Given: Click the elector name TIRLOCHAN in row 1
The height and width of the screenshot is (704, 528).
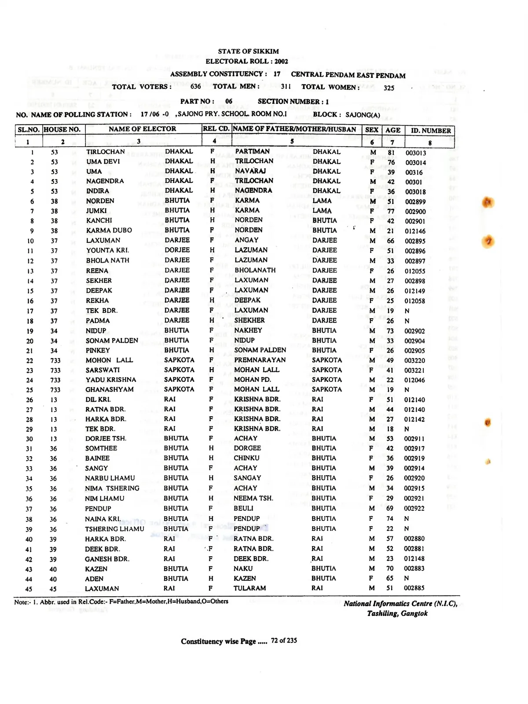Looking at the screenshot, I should (x=106, y=152).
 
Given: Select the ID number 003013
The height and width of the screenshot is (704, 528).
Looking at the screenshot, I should (x=416, y=153).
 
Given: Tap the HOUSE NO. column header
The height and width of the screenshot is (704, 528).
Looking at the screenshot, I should (x=62, y=129).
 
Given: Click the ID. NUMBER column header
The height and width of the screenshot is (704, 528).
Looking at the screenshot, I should (x=431, y=131).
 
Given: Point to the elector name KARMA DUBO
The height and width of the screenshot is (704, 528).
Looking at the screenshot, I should (x=109, y=231).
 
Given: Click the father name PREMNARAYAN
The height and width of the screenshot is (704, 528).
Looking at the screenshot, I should (x=260, y=360).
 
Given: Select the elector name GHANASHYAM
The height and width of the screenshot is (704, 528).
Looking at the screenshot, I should (x=109, y=389).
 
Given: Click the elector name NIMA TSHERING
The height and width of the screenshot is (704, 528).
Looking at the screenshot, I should (x=112, y=488).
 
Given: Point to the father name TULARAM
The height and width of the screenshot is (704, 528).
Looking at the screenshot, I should (x=249, y=588).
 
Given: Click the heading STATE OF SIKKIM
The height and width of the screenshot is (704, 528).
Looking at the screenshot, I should (x=248, y=51).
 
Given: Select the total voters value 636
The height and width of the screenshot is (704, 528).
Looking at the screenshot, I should (x=196, y=87).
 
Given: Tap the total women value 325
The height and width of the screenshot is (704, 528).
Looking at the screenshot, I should (x=389, y=88).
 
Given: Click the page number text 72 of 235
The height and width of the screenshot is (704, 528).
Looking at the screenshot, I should (x=284, y=641).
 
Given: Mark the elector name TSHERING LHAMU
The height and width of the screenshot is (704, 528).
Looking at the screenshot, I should (x=114, y=529).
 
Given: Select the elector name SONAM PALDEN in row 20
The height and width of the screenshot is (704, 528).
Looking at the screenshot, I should (x=112, y=341).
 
